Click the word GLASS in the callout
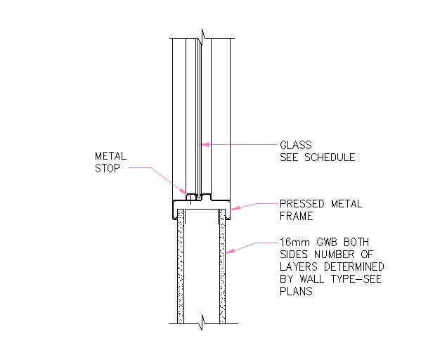point(295,146)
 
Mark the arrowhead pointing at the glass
point(206,145)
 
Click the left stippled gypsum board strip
point(180,267)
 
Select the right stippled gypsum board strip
point(224,267)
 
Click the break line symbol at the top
point(202,34)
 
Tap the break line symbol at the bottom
point(202,323)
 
